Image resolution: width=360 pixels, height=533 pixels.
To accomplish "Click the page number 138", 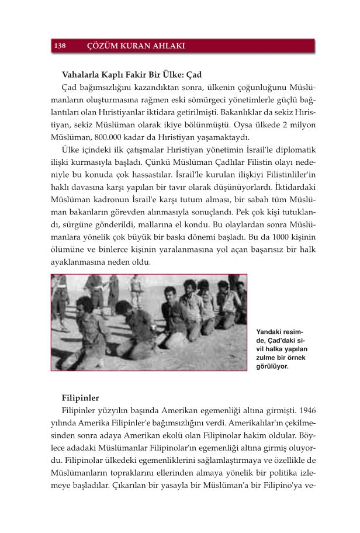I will click(60, 46).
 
